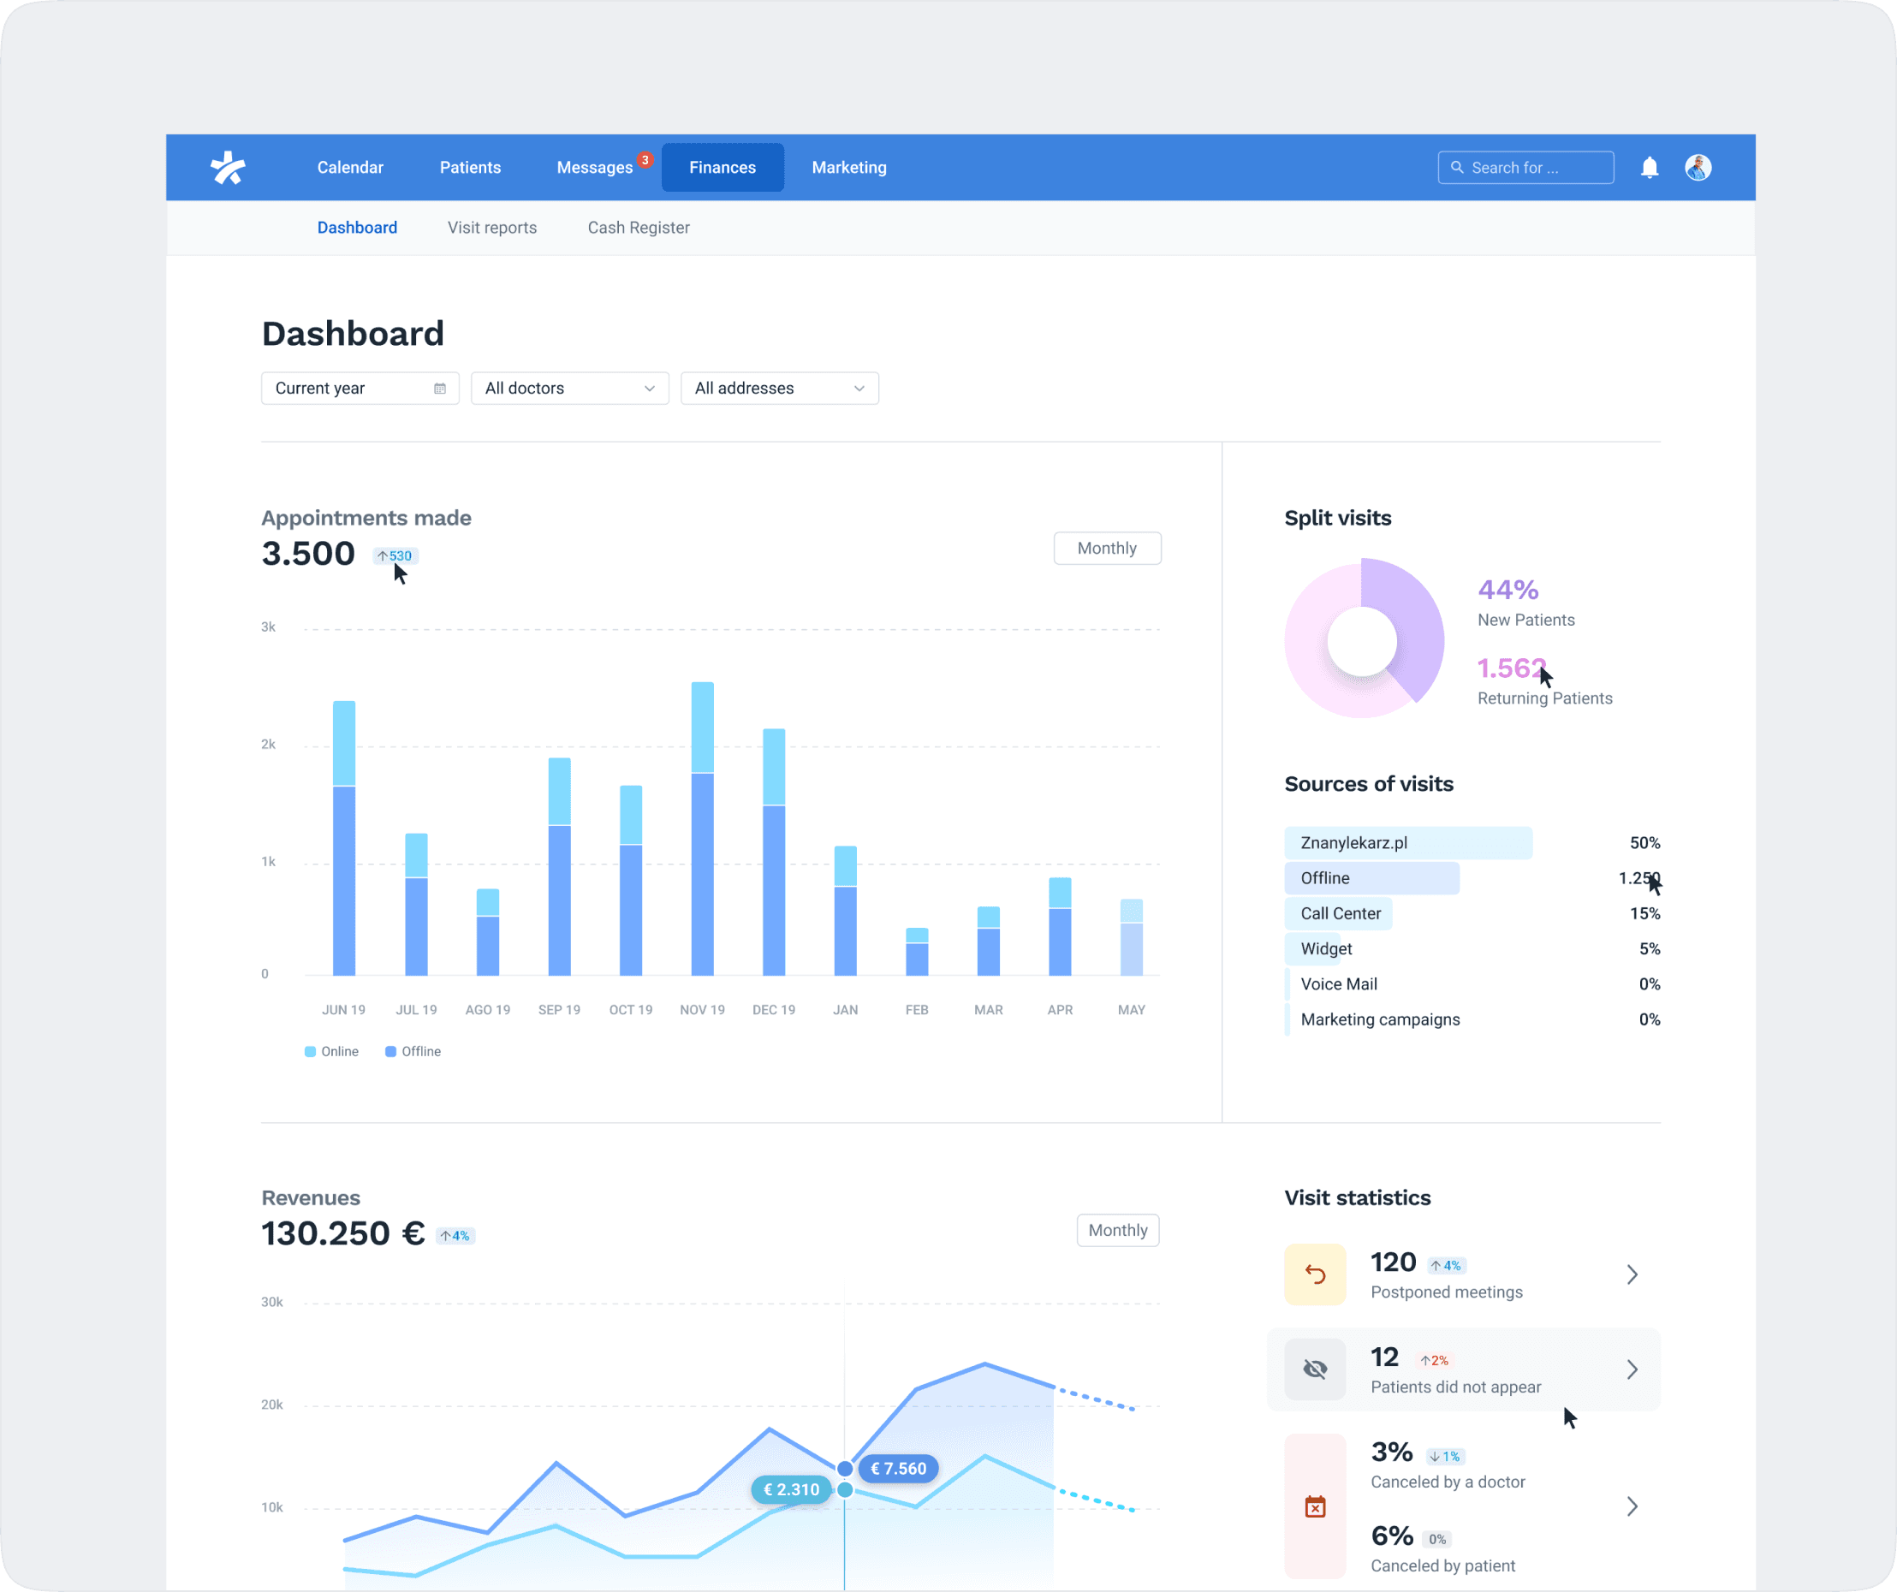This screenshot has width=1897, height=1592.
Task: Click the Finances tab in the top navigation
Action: click(x=722, y=167)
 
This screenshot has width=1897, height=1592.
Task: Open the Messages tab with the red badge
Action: click(x=594, y=167)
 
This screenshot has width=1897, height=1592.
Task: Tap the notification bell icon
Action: click(x=1650, y=167)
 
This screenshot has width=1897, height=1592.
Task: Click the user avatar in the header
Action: click(x=1698, y=167)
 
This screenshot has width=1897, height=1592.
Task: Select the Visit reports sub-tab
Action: click(x=491, y=228)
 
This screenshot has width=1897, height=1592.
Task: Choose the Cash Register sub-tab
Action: click(x=638, y=228)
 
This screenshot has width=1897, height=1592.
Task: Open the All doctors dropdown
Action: click(x=569, y=389)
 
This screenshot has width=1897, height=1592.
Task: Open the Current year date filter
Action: click(x=360, y=389)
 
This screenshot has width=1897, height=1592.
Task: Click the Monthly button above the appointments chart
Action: click(x=1107, y=548)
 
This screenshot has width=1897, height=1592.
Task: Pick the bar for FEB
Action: click(x=917, y=953)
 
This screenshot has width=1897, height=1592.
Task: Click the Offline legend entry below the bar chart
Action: click(x=413, y=1051)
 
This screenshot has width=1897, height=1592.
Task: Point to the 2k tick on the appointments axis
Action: click(x=268, y=744)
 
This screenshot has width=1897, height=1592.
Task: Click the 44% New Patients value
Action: click(x=1507, y=590)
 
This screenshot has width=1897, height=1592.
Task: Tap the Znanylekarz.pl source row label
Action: click(x=1353, y=842)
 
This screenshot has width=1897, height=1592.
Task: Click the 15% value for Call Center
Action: click(x=1644, y=913)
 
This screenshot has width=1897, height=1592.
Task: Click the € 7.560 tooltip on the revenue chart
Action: click(x=898, y=1468)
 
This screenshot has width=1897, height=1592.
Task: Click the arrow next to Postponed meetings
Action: click(x=1632, y=1274)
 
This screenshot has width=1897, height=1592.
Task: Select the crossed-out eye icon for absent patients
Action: click(x=1314, y=1369)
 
